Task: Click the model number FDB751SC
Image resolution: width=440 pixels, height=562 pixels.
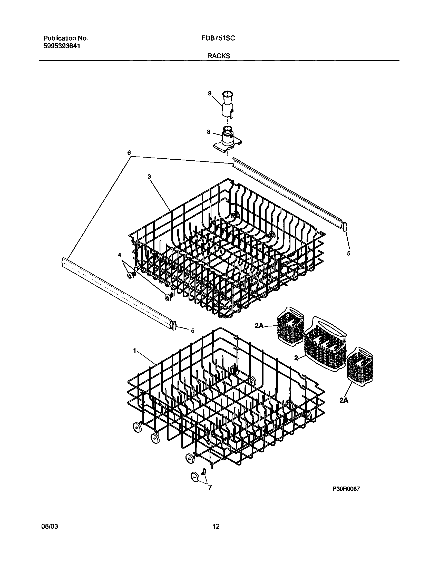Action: (x=218, y=38)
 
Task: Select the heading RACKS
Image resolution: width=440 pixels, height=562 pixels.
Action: (x=219, y=56)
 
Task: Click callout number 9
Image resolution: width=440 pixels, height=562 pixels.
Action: (x=210, y=93)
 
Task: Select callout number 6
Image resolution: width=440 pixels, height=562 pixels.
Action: (x=129, y=153)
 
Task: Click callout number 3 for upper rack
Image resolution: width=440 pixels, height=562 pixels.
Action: (x=149, y=177)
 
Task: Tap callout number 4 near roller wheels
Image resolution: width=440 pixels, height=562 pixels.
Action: (x=119, y=255)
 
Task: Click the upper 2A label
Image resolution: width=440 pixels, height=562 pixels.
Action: (x=259, y=326)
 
